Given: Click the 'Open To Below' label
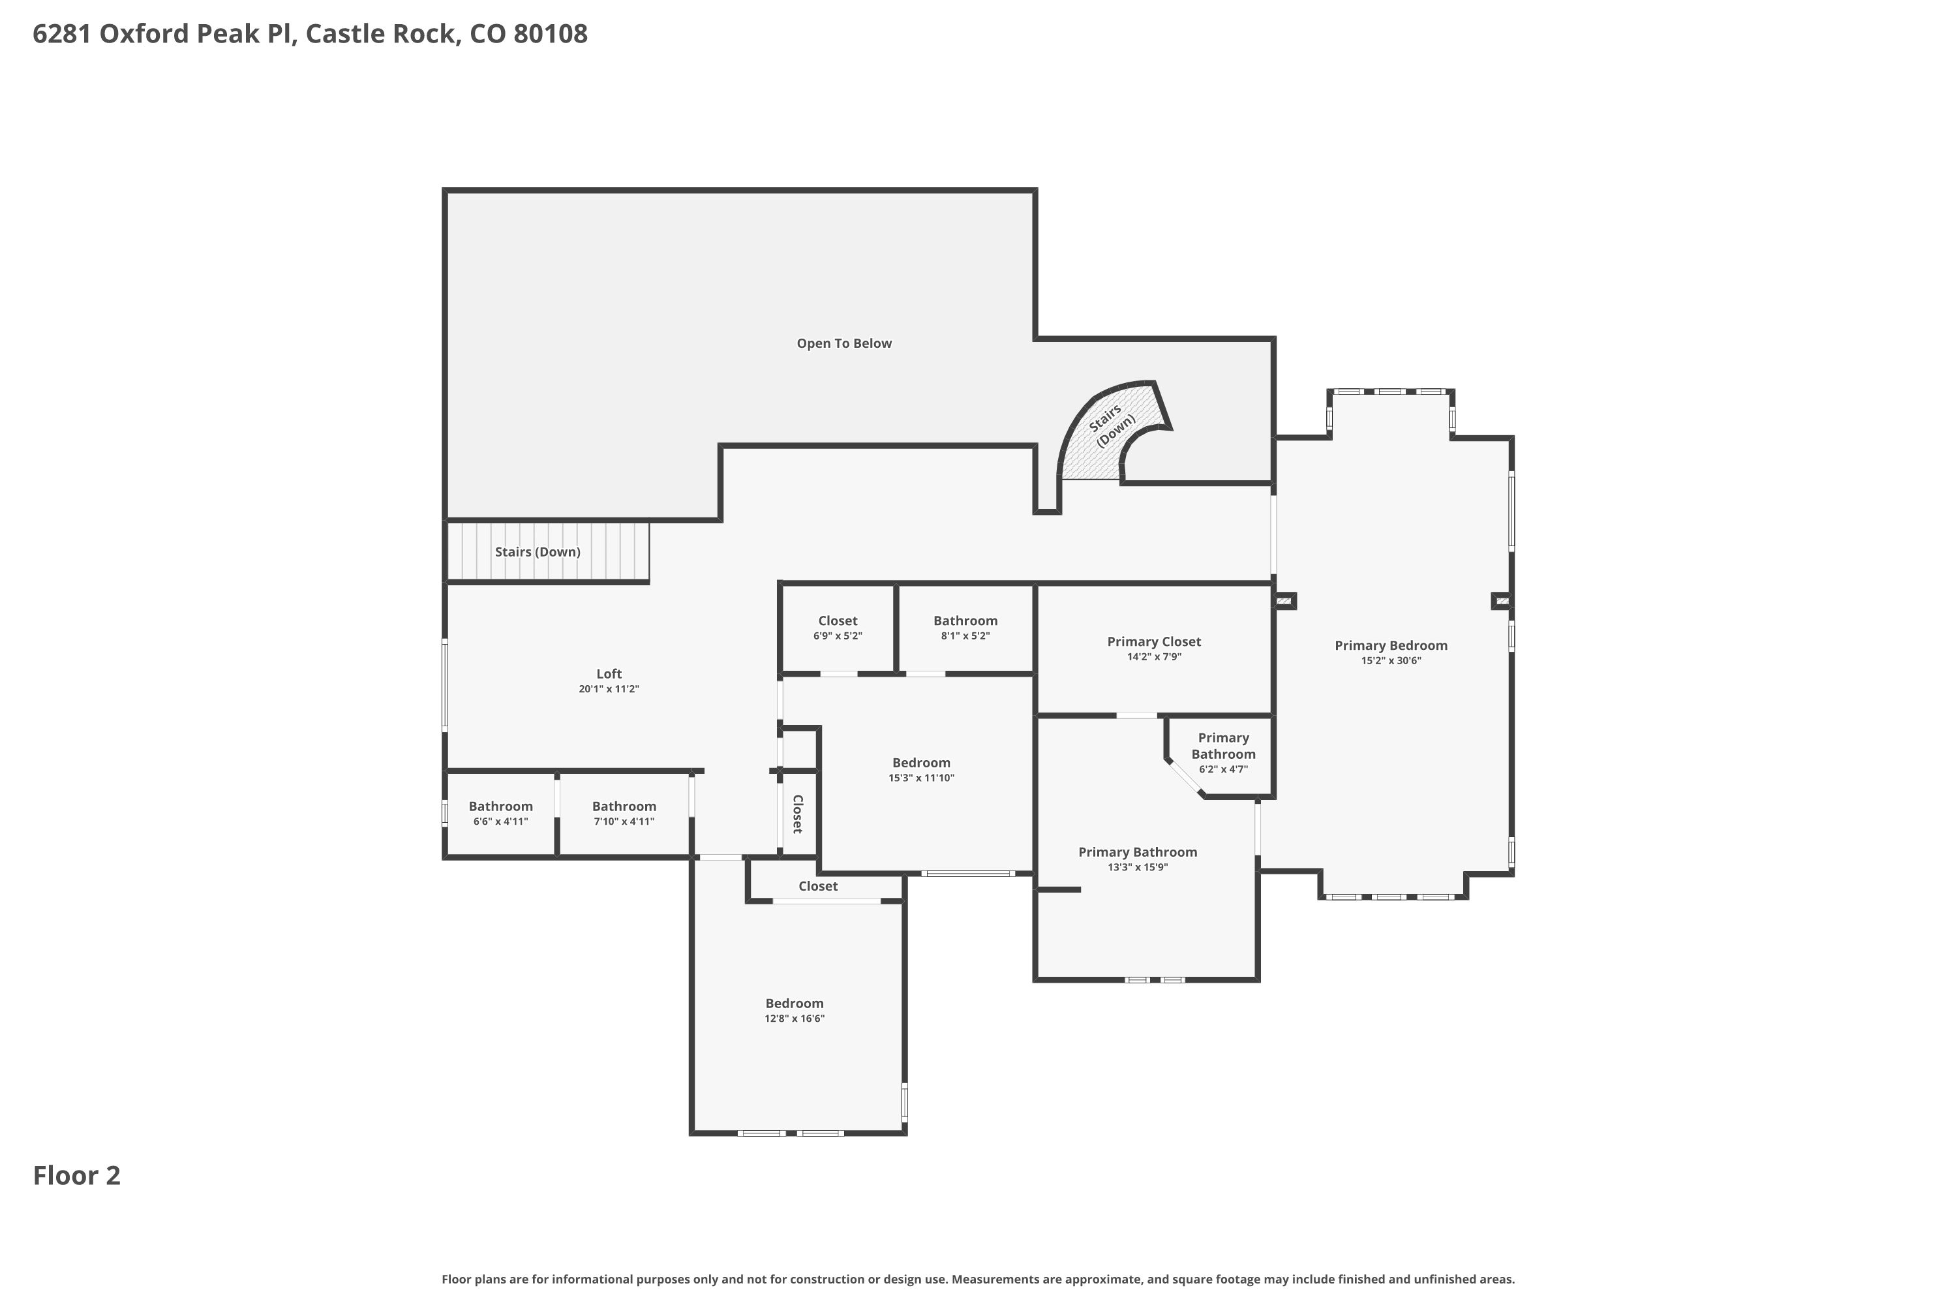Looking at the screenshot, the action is (x=843, y=344).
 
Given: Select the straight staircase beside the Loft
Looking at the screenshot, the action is (x=547, y=551).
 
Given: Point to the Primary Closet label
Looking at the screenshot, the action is (x=1154, y=641).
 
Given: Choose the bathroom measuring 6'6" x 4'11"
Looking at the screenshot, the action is (x=501, y=814).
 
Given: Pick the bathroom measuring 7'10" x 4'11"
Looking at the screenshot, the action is (x=624, y=814).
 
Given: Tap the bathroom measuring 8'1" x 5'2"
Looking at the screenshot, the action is (x=965, y=628).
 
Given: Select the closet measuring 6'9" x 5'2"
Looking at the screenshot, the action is (x=838, y=628).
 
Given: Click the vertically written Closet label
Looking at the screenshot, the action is (x=797, y=814).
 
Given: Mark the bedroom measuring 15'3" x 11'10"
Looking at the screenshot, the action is (x=922, y=770).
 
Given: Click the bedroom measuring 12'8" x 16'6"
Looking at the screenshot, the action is (x=795, y=1010).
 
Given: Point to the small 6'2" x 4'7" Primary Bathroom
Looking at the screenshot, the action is (x=1223, y=753).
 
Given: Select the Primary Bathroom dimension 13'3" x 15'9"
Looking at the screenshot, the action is (x=1138, y=867).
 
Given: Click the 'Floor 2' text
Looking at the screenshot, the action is (x=76, y=1176).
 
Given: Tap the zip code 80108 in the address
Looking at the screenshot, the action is (x=550, y=34).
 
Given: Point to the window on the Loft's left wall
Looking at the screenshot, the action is (x=445, y=685).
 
